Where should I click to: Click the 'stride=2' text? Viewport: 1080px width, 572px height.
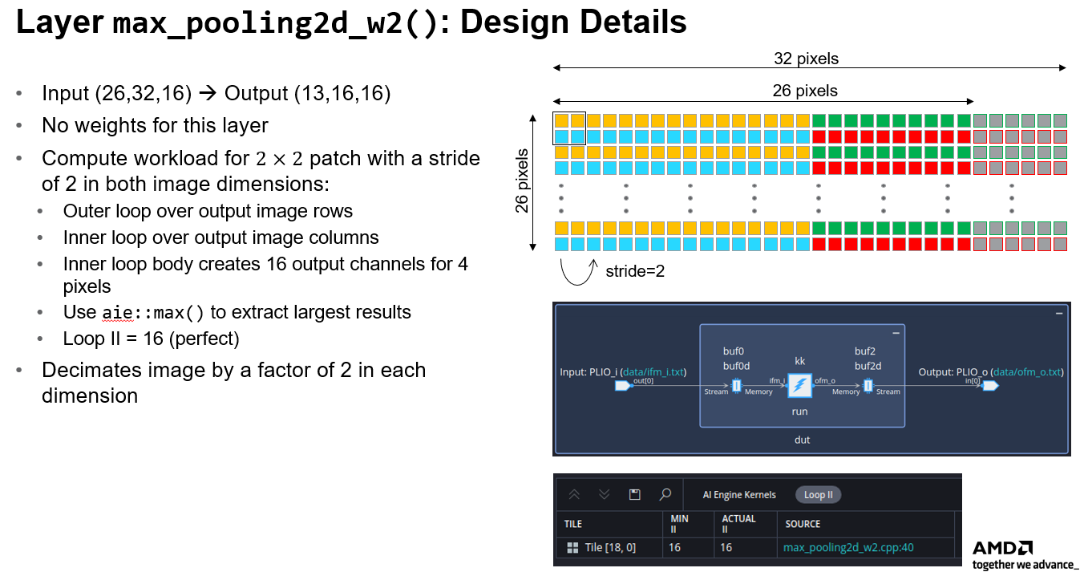click(635, 271)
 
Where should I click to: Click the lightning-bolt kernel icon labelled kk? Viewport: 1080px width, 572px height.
click(799, 386)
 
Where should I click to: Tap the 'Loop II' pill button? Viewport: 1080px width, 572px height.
click(818, 495)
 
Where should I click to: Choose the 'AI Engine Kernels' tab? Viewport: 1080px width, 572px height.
click(739, 495)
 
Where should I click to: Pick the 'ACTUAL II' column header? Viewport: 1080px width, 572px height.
click(738, 524)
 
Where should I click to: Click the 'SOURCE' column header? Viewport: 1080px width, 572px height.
click(803, 524)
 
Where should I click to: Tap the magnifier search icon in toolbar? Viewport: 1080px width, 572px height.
click(665, 494)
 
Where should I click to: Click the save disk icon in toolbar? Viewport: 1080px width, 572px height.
click(634, 494)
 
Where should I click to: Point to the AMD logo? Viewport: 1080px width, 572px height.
click(1002, 548)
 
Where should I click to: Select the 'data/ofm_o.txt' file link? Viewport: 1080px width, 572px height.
click(1028, 372)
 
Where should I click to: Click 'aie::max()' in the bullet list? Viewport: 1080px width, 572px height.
click(153, 312)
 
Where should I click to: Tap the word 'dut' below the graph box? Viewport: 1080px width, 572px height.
click(802, 440)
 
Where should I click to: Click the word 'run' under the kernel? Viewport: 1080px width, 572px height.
click(799, 412)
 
